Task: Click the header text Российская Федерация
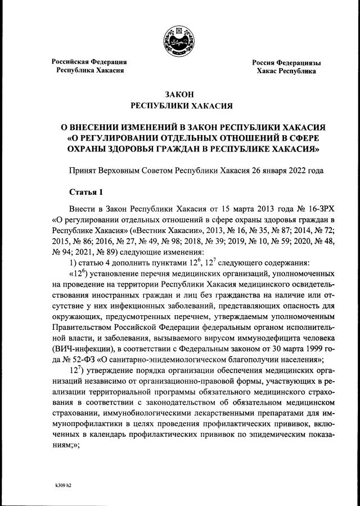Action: (89, 61)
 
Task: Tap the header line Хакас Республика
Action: (286, 71)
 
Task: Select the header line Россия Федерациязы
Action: (286, 62)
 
